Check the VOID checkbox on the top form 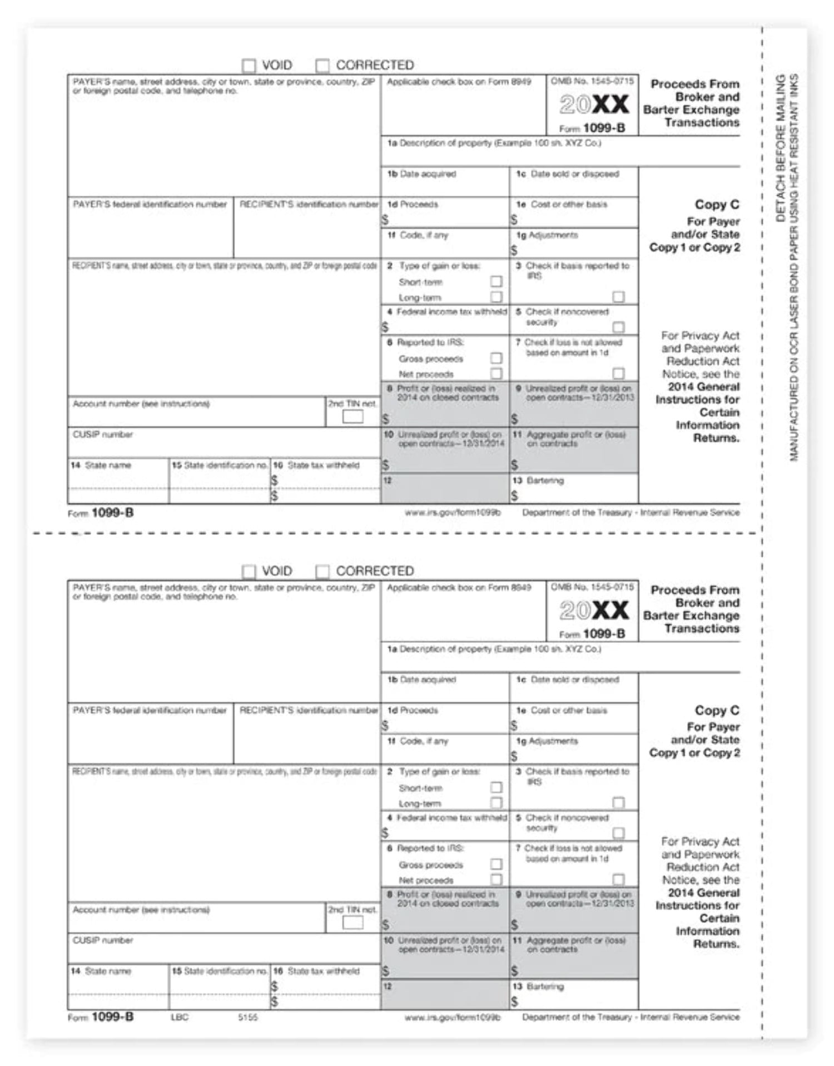tap(249, 66)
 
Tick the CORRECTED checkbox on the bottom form tap(322, 572)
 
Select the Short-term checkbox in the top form tap(496, 282)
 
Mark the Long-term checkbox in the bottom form tap(496, 803)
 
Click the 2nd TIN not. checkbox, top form tap(353, 417)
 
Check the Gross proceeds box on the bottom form tap(496, 864)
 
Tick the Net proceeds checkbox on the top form tap(496, 374)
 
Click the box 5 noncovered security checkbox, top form tap(618, 327)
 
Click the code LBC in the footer tap(180, 1017)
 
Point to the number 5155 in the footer tap(248, 1017)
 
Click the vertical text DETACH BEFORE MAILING tap(781, 148)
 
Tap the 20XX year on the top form tap(594, 105)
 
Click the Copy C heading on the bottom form tap(717, 710)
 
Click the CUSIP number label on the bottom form tap(103, 940)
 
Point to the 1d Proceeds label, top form tap(413, 205)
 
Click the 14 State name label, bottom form tap(101, 971)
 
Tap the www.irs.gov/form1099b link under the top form tap(453, 513)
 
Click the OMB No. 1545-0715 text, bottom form tap(592, 587)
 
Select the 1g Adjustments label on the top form tap(547, 235)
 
